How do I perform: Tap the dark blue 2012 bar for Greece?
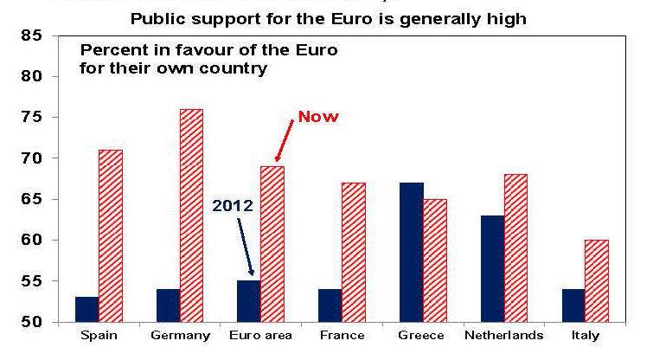tap(412, 252)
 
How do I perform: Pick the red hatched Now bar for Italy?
tap(597, 280)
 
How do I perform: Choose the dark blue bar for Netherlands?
tap(491, 268)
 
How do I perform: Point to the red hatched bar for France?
tap(354, 252)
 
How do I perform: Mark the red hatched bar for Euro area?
tap(272, 243)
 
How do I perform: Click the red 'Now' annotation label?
tap(319, 116)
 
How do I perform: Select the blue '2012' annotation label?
tap(232, 207)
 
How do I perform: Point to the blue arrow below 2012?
tap(246, 247)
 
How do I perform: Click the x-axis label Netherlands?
tap(503, 336)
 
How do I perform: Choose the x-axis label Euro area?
tap(260, 336)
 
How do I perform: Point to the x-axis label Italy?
tap(598, 336)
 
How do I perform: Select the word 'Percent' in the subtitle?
tap(111, 50)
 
